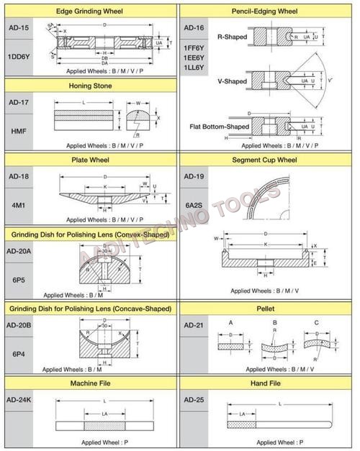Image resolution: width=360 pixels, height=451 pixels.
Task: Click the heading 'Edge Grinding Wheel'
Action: point(89,12)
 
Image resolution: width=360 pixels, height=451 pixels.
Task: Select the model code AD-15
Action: point(17,27)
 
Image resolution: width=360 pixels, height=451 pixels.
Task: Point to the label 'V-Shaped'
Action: point(232,81)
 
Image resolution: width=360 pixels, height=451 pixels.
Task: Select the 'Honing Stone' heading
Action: point(89,86)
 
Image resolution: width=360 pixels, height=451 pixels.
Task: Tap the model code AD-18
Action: point(17,176)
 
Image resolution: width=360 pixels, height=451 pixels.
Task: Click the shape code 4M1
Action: point(17,206)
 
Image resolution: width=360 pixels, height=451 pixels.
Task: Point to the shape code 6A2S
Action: point(195,206)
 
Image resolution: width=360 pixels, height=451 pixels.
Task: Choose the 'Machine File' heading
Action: point(89,383)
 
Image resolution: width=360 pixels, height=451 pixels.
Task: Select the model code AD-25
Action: point(196,398)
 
